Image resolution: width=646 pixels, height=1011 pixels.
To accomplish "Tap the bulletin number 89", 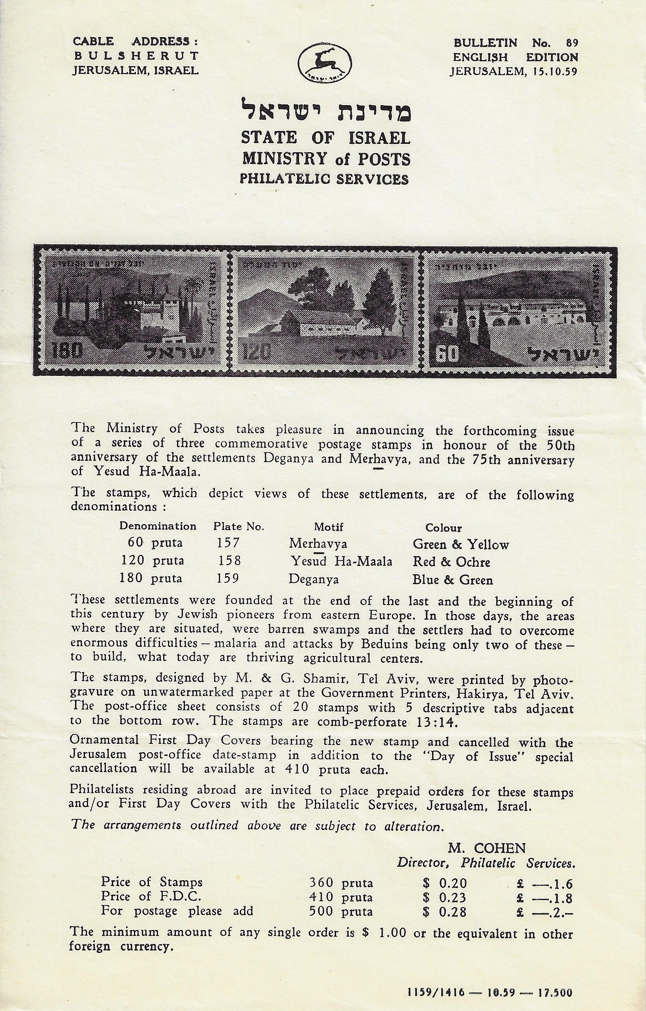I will pyautogui.click(x=571, y=42).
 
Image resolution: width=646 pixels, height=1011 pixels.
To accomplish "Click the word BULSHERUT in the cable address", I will pyautogui.click(x=136, y=55).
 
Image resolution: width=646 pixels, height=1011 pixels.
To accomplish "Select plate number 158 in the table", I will pyautogui.click(x=230, y=560).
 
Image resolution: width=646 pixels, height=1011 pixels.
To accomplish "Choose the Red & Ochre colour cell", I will pyautogui.click(x=452, y=562).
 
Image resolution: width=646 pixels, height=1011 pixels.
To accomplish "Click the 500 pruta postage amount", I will pyautogui.click(x=341, y=911).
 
